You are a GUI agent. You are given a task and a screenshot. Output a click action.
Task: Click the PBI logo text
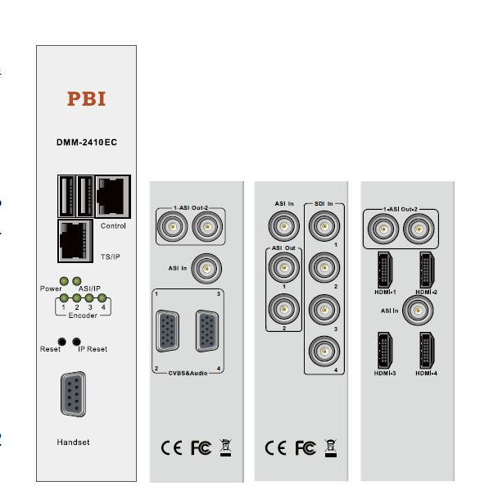[x=86, y=99]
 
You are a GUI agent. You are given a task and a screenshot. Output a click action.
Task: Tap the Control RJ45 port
[x=111, y=195]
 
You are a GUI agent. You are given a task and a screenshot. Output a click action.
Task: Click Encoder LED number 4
[x=102, y=298]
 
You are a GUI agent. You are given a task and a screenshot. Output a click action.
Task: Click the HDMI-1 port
[x=383, y=268]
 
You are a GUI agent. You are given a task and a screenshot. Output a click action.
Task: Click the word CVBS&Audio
[x=188, y=373]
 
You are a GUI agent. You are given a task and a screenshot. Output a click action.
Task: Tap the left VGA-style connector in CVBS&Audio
[x=168, y=331]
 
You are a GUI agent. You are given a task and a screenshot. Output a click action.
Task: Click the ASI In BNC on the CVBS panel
[x=211, y=266]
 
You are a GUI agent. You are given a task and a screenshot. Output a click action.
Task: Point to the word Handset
[x=73, y=443]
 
